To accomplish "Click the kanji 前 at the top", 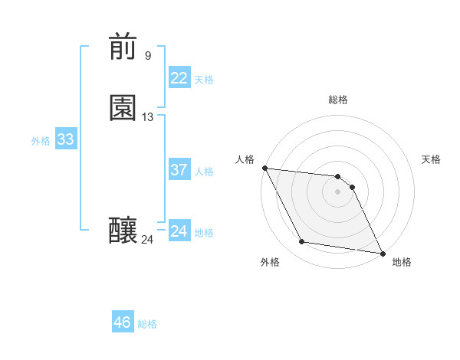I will [123, 47].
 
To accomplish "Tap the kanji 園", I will [123, 108].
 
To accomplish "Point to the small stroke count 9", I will [147, 55].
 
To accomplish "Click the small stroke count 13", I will [148, 117].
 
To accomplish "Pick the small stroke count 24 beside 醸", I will [147, 240].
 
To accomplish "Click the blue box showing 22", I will [179, 78].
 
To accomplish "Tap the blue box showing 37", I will [179, 170].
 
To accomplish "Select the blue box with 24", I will [179, 231].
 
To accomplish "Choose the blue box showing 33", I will [65, 139].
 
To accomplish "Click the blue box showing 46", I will [123, 322].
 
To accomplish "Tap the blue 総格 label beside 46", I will [147, 324].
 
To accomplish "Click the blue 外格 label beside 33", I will [41, 141].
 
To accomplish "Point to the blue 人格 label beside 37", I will [205, 172].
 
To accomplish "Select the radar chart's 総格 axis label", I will [338, 100].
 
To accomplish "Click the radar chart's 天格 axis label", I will [431, 159].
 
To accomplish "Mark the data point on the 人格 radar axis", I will [264, 168].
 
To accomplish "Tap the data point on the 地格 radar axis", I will [382, 252].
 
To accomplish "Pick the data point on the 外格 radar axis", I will [302, 242].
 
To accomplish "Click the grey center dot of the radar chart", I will [338, 191].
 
